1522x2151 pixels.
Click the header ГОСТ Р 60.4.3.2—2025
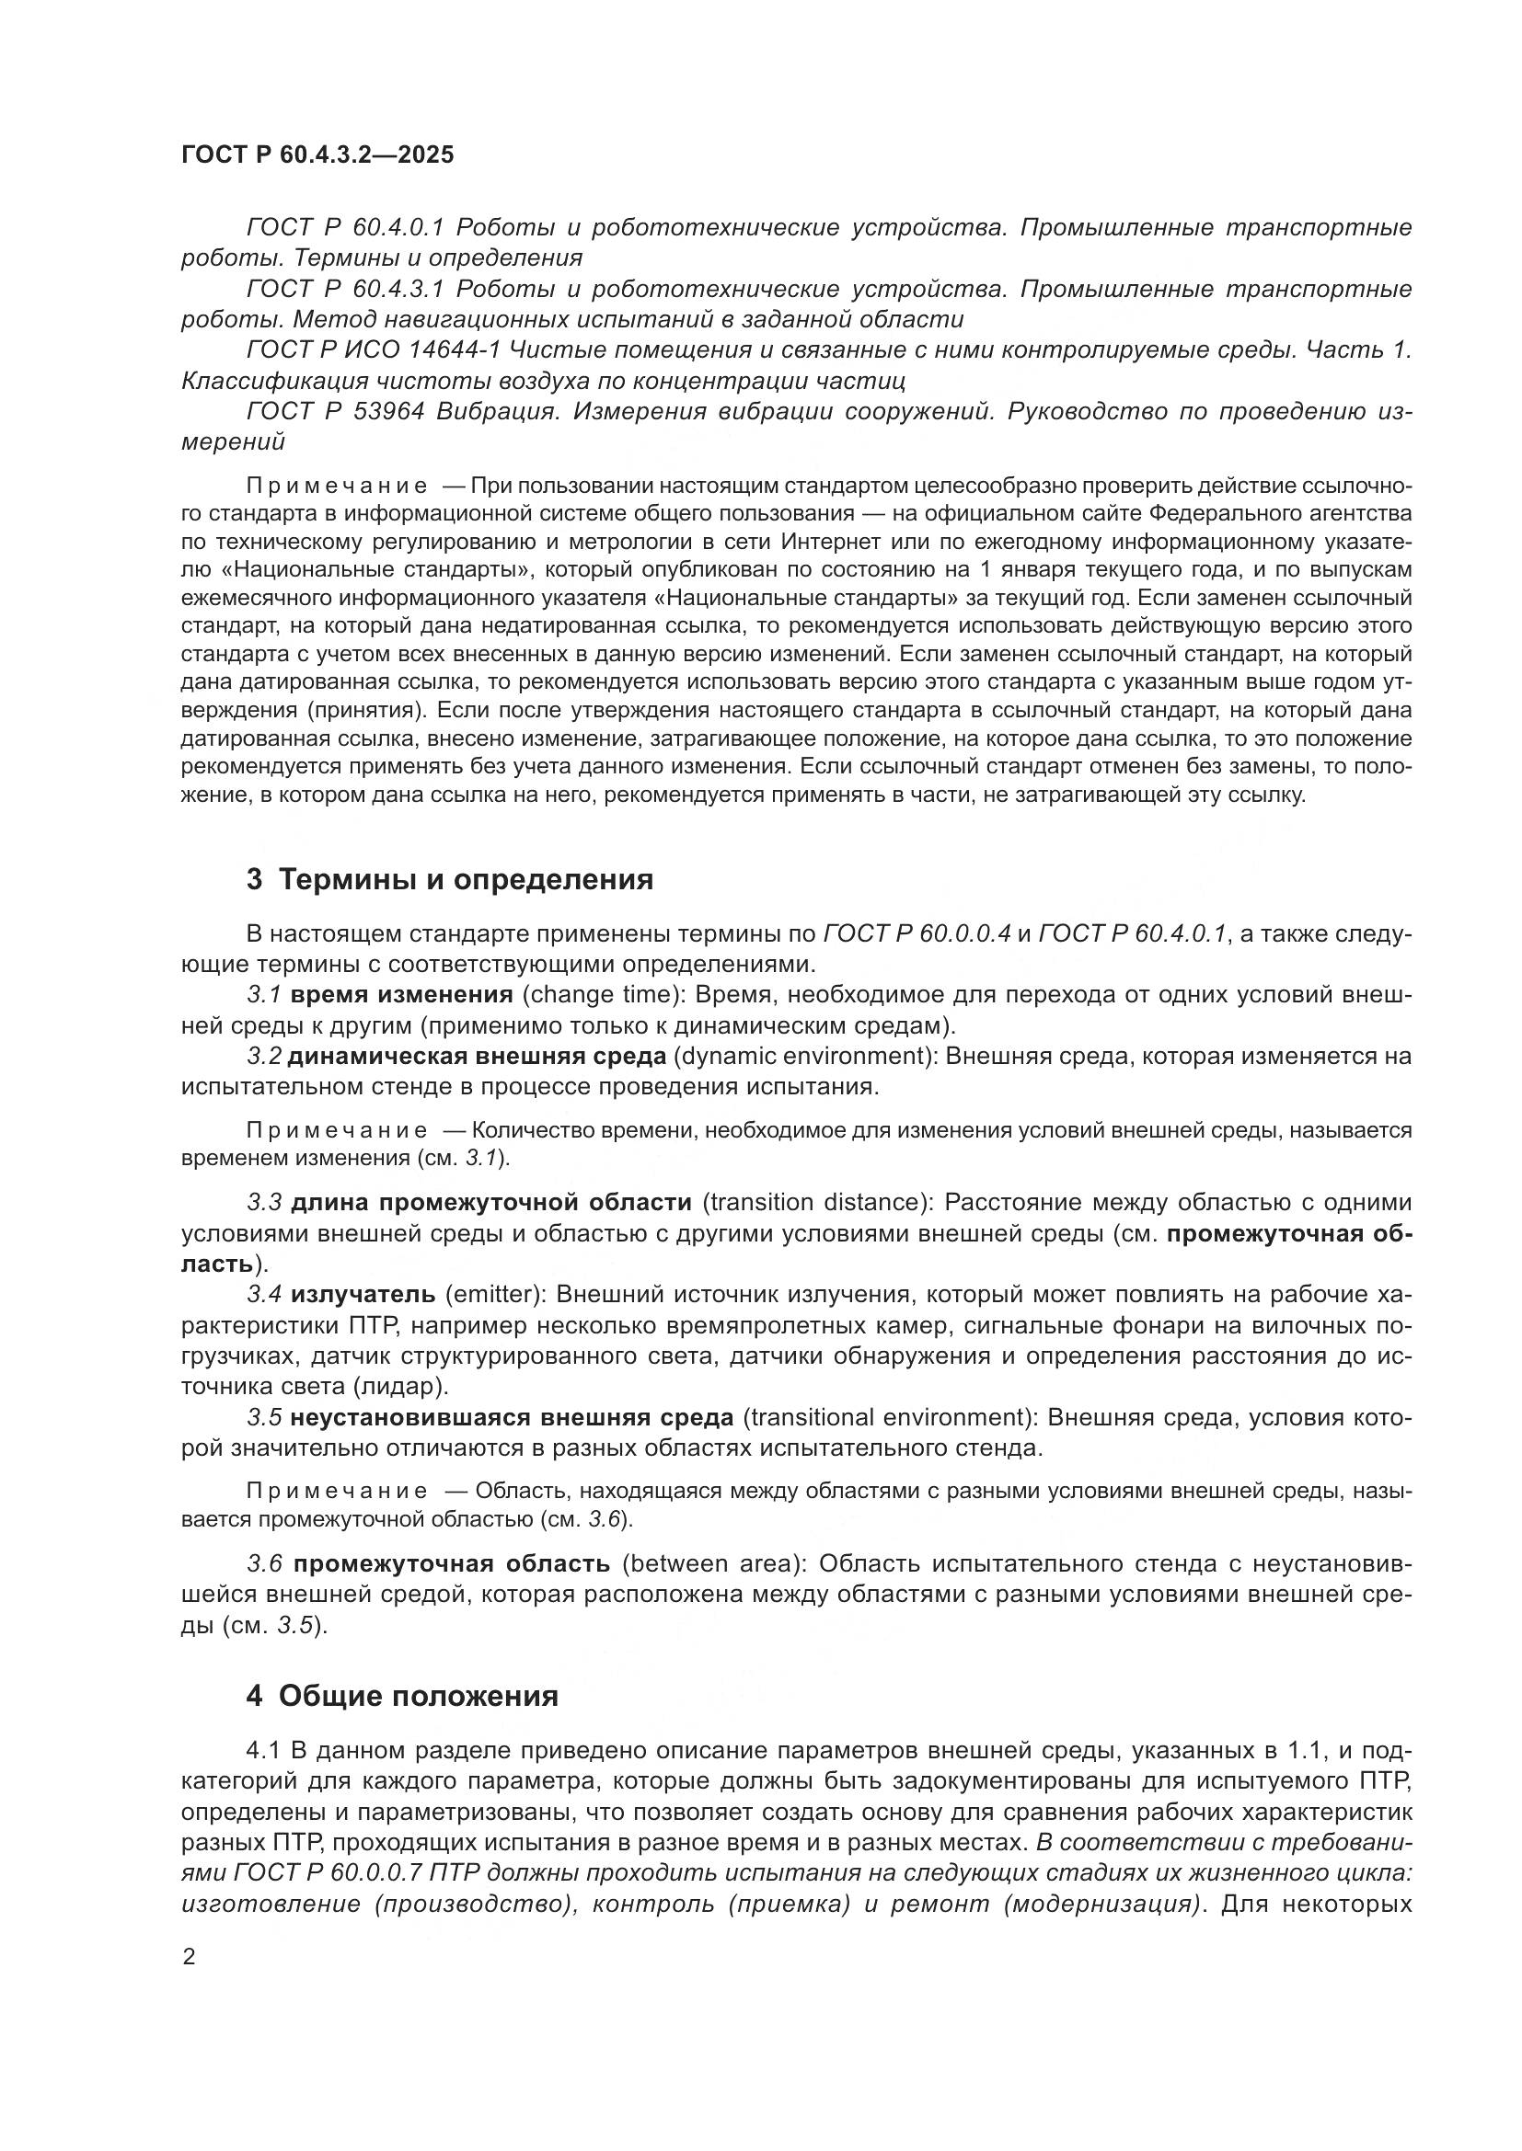click(317, 155)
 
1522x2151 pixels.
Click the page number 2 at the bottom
click(190, 1958)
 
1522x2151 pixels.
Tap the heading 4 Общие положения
click(402, 1697)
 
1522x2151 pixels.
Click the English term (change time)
click(600, 995)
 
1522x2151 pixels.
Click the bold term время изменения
click(402, 995)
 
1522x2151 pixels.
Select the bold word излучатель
click(363, 1295)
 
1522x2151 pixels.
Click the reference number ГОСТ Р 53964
click(338, 412)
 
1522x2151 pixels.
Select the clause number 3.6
click(265, 1563)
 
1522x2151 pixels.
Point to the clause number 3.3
click(264, 1203)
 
